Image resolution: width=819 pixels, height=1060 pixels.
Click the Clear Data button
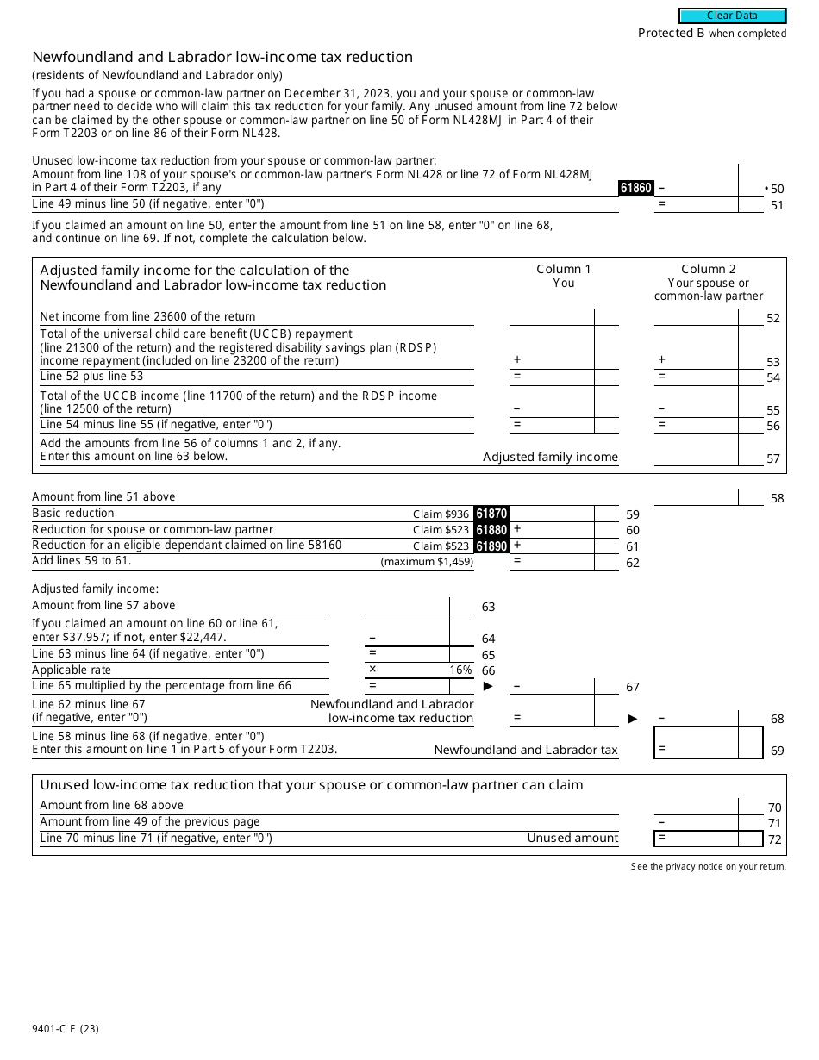pos(732,16)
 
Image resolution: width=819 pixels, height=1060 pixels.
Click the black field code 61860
pos(636,188)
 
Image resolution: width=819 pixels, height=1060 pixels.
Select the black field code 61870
pos(491,514)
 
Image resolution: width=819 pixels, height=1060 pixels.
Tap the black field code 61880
pos(491,530)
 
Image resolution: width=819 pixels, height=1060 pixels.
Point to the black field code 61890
pos(491,546)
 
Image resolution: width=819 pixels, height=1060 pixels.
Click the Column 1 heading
pos(564,269)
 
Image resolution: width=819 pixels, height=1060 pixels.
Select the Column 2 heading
pos(709,269)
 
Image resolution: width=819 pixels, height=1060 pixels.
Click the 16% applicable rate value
pos(460,670)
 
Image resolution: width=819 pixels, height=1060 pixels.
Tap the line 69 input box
pos(709,742)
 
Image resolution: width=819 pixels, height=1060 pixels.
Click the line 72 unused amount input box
pos(709,839)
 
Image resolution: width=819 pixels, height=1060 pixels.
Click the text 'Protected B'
pos(665,33)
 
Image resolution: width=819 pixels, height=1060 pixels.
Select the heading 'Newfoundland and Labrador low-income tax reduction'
pos(222,57)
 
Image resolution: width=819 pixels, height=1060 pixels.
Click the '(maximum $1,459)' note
pos(427,562)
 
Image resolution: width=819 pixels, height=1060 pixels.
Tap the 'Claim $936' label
pos(441,514)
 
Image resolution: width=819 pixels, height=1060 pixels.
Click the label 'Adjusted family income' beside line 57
pos(550,458)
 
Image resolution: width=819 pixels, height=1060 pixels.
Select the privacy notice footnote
pos(708,866)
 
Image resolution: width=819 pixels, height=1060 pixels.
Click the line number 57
pos(773,459)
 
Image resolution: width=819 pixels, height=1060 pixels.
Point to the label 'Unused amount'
pos(572,839)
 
